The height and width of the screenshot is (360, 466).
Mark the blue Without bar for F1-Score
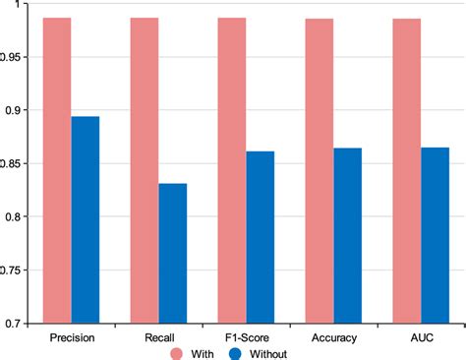261,237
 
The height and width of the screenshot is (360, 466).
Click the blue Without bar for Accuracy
348,235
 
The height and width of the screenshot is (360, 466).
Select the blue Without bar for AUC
436,235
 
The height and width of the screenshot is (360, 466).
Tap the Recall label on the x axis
158,336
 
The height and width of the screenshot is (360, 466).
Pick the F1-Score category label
246,336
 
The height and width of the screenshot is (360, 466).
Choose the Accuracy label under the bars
333,336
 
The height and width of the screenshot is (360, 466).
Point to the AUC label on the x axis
421,336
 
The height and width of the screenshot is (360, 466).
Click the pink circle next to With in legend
177,352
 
